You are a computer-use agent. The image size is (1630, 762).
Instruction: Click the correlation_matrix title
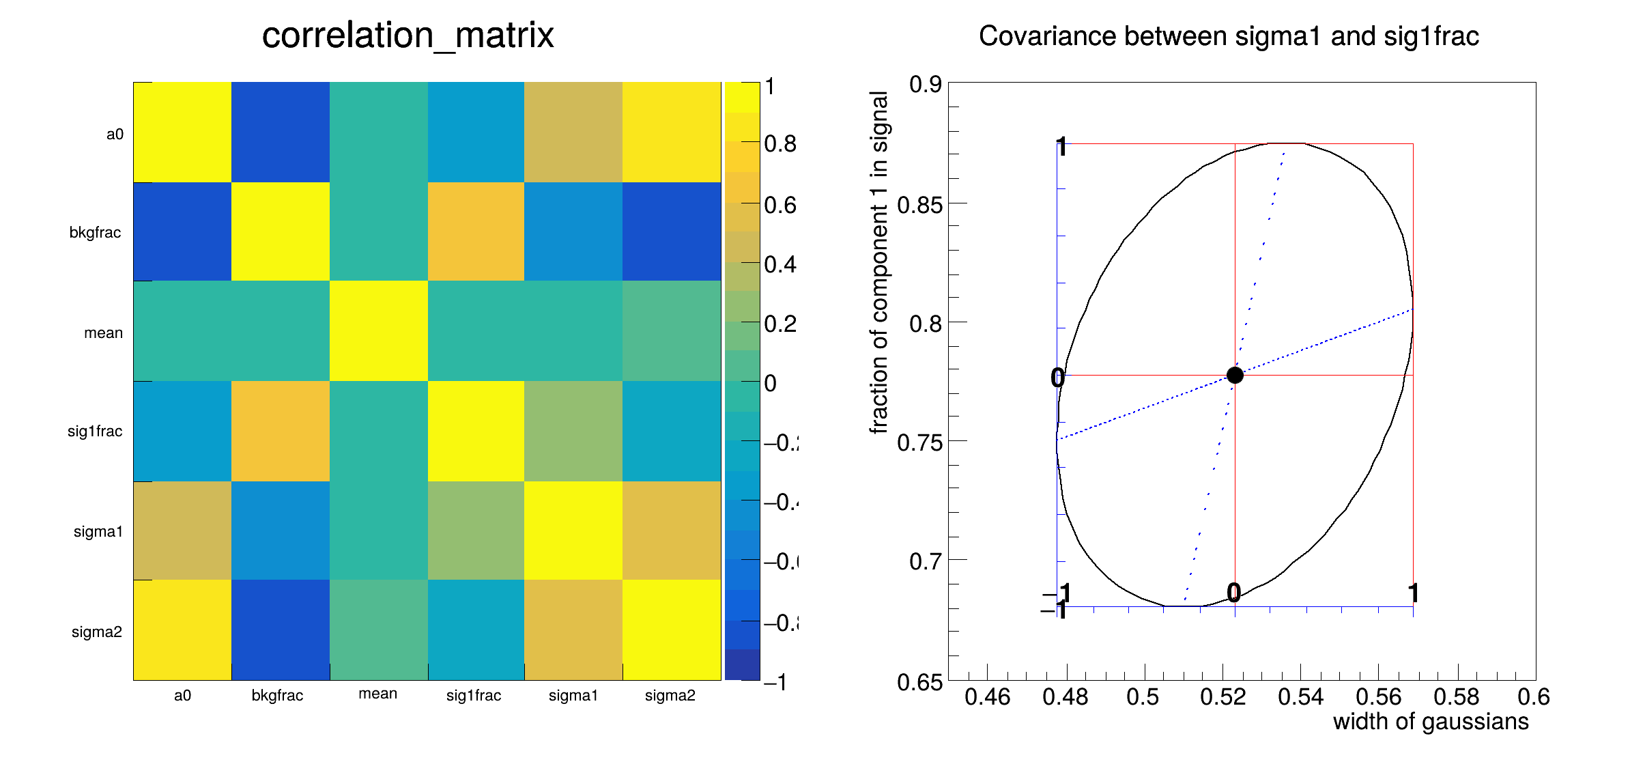pos(408,36)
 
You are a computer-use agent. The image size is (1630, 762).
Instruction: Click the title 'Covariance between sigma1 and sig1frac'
pos(1229,36)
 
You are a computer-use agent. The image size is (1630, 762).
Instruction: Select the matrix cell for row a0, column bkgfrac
pos(281,132)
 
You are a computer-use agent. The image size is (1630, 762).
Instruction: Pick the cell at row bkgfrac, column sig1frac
pos(476,231)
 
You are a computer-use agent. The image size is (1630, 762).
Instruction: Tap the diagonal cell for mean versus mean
pos(379,331)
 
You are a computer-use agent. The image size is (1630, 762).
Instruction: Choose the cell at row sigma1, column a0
pos(182,531)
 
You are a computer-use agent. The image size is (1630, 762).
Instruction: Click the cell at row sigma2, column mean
pos(379,630)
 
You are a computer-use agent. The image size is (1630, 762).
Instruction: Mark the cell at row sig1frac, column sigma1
pos(573,431)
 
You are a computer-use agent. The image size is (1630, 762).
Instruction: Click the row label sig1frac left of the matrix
pos(95,431)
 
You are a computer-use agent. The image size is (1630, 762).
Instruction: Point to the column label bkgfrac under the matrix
pos(277,695)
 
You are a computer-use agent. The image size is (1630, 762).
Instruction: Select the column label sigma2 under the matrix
pos(670,695)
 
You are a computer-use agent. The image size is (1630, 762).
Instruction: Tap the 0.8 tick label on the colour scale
pos(780,144)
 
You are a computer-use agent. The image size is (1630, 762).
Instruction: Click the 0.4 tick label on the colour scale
pos(780,264)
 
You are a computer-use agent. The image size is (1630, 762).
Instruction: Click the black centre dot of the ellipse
pos(1235,375)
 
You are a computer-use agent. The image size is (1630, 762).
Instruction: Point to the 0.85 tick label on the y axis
pos(919,205)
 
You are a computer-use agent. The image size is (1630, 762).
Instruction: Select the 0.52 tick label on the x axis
pos(1223,697)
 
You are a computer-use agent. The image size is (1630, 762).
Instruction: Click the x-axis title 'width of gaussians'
pos(1431,722)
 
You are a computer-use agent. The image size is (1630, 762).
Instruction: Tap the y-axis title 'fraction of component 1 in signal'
pos(879,263)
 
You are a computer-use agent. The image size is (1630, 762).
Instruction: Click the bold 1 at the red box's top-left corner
pos(1061,147)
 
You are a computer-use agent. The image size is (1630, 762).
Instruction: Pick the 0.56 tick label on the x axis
pos(1379,697)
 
